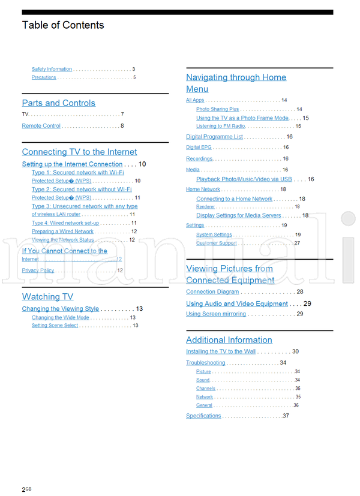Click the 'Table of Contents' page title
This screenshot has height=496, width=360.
[x=63, y=25]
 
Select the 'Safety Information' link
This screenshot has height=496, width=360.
[x=52, y=69]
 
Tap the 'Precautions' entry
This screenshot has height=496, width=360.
[x=44, y=77]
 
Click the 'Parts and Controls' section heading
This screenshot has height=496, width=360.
[x=58, y=103]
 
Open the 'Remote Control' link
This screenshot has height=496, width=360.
[x=41, y=126]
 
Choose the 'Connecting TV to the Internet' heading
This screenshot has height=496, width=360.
[x=79, y=152]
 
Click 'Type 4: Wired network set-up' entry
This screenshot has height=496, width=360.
[x=65, y=223]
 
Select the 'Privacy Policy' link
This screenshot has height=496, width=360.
[x=38, y=270]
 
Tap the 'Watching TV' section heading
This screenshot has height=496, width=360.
[x=47, y=297]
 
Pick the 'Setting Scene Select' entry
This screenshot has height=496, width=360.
[x=55, y=326]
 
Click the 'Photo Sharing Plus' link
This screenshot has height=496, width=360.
[x=217, y=110]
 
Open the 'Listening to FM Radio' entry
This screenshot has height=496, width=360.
[x=220, y=127]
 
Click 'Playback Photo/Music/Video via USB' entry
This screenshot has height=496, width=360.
[x=244, y=179]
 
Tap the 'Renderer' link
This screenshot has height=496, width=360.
[x=205, y=207]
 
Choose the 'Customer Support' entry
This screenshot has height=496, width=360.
[x=216, y=244]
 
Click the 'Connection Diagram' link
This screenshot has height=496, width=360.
[x=212, y=292]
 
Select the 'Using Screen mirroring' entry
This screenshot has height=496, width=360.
[x=215, y=314]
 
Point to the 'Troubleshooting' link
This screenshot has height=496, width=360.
[x=205, y=363]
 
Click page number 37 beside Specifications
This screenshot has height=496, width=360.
[x=286, y=416]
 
